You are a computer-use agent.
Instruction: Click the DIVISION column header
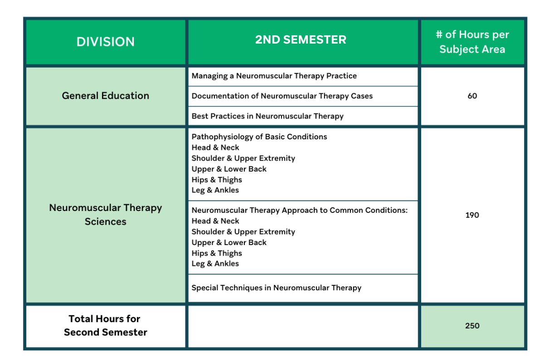(106, 42)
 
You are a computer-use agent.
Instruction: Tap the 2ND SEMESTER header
(301, 40)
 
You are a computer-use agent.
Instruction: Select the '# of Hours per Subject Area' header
(472, 42)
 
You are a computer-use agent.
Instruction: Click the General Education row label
(106, 96)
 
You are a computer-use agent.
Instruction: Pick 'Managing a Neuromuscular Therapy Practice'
(274, 76)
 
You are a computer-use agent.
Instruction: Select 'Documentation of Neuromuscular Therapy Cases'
(282, 96)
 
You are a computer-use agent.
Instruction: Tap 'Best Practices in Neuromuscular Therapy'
(267, 116)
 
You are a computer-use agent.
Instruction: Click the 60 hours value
(472, 96)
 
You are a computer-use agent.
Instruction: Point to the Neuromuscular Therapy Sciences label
(106, 215)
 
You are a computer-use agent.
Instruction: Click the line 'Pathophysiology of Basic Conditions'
(259, 137)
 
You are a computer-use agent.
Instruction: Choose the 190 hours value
(472, 215)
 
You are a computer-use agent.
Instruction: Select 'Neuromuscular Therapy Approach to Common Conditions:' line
(300, 210)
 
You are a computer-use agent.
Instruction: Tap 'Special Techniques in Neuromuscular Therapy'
(277, 288)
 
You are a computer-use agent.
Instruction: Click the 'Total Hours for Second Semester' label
(106, 325)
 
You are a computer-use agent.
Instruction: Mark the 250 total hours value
(472, 326)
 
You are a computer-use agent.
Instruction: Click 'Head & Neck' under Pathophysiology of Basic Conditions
(215, 147)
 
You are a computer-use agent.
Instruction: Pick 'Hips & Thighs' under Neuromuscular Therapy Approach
(217, 253)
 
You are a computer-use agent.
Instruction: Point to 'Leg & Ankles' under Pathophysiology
(215, 190)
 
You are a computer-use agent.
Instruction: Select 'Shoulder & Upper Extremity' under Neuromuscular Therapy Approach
(243, 232)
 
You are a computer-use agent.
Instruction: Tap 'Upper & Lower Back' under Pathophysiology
(229, 169)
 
